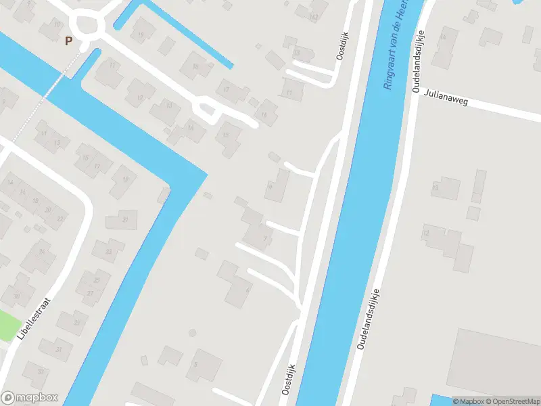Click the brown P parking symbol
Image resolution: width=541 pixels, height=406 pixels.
point(68,41)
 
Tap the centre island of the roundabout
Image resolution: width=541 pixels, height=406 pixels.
point(88,26)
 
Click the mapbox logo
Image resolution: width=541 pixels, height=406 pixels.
point(30,398)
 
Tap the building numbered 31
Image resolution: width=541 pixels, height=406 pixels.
point(57,348)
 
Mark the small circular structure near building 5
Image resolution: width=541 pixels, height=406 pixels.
point(192,332)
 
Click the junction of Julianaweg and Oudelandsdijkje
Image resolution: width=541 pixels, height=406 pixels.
point(413,91)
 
